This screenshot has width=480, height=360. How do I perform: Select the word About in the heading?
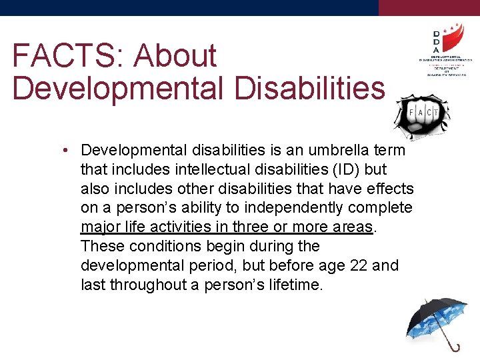click(175, 55)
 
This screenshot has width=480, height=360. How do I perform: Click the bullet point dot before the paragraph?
click(69, 150)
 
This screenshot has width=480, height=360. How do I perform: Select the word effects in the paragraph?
click(387, 189)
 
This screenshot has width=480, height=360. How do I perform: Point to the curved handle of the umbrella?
click(455, 347)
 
